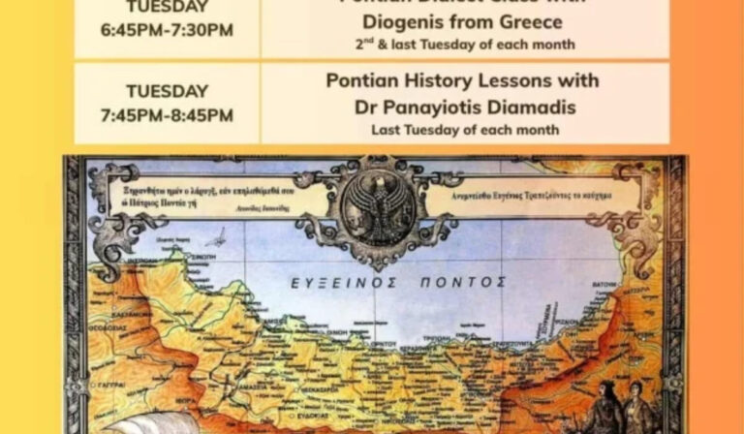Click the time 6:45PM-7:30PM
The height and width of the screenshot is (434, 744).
167,30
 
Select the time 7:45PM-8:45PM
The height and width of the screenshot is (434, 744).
167,115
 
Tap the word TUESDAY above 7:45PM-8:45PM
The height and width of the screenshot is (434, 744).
167,91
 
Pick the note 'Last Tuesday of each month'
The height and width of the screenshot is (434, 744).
464,129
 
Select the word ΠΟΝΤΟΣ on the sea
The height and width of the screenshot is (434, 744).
460,282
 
